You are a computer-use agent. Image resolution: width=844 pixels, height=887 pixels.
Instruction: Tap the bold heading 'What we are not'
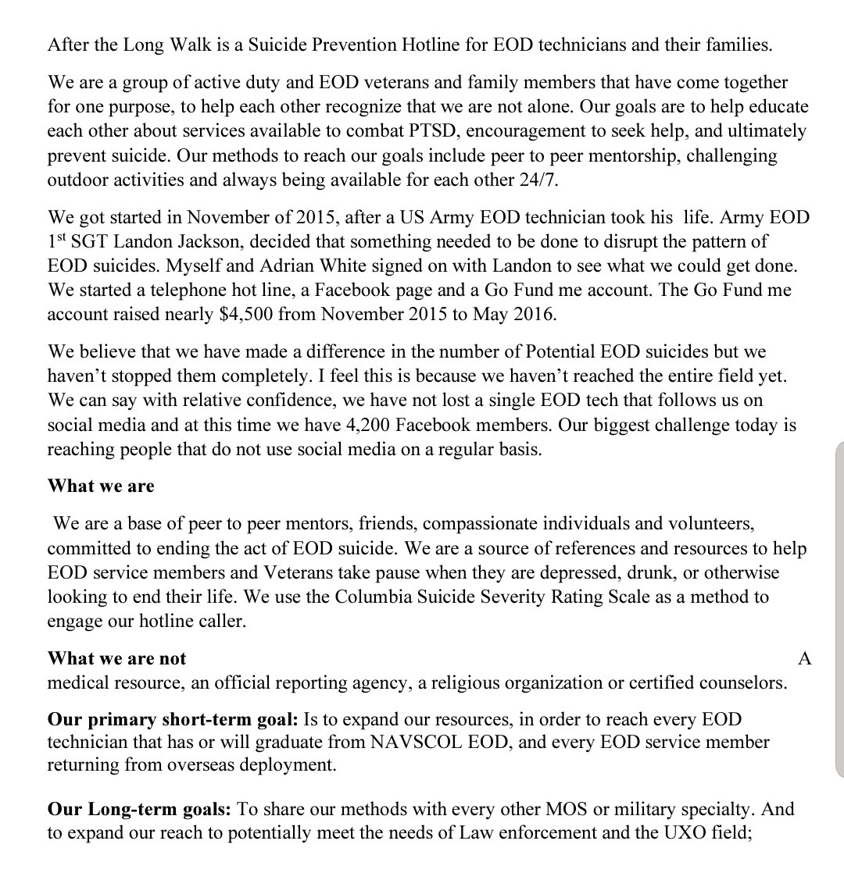tap(117, 658)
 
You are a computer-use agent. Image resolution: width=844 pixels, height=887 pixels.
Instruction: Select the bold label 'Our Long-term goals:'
tap(140, 808)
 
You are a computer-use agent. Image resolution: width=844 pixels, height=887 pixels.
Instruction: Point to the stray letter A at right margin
tap(805, 658)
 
